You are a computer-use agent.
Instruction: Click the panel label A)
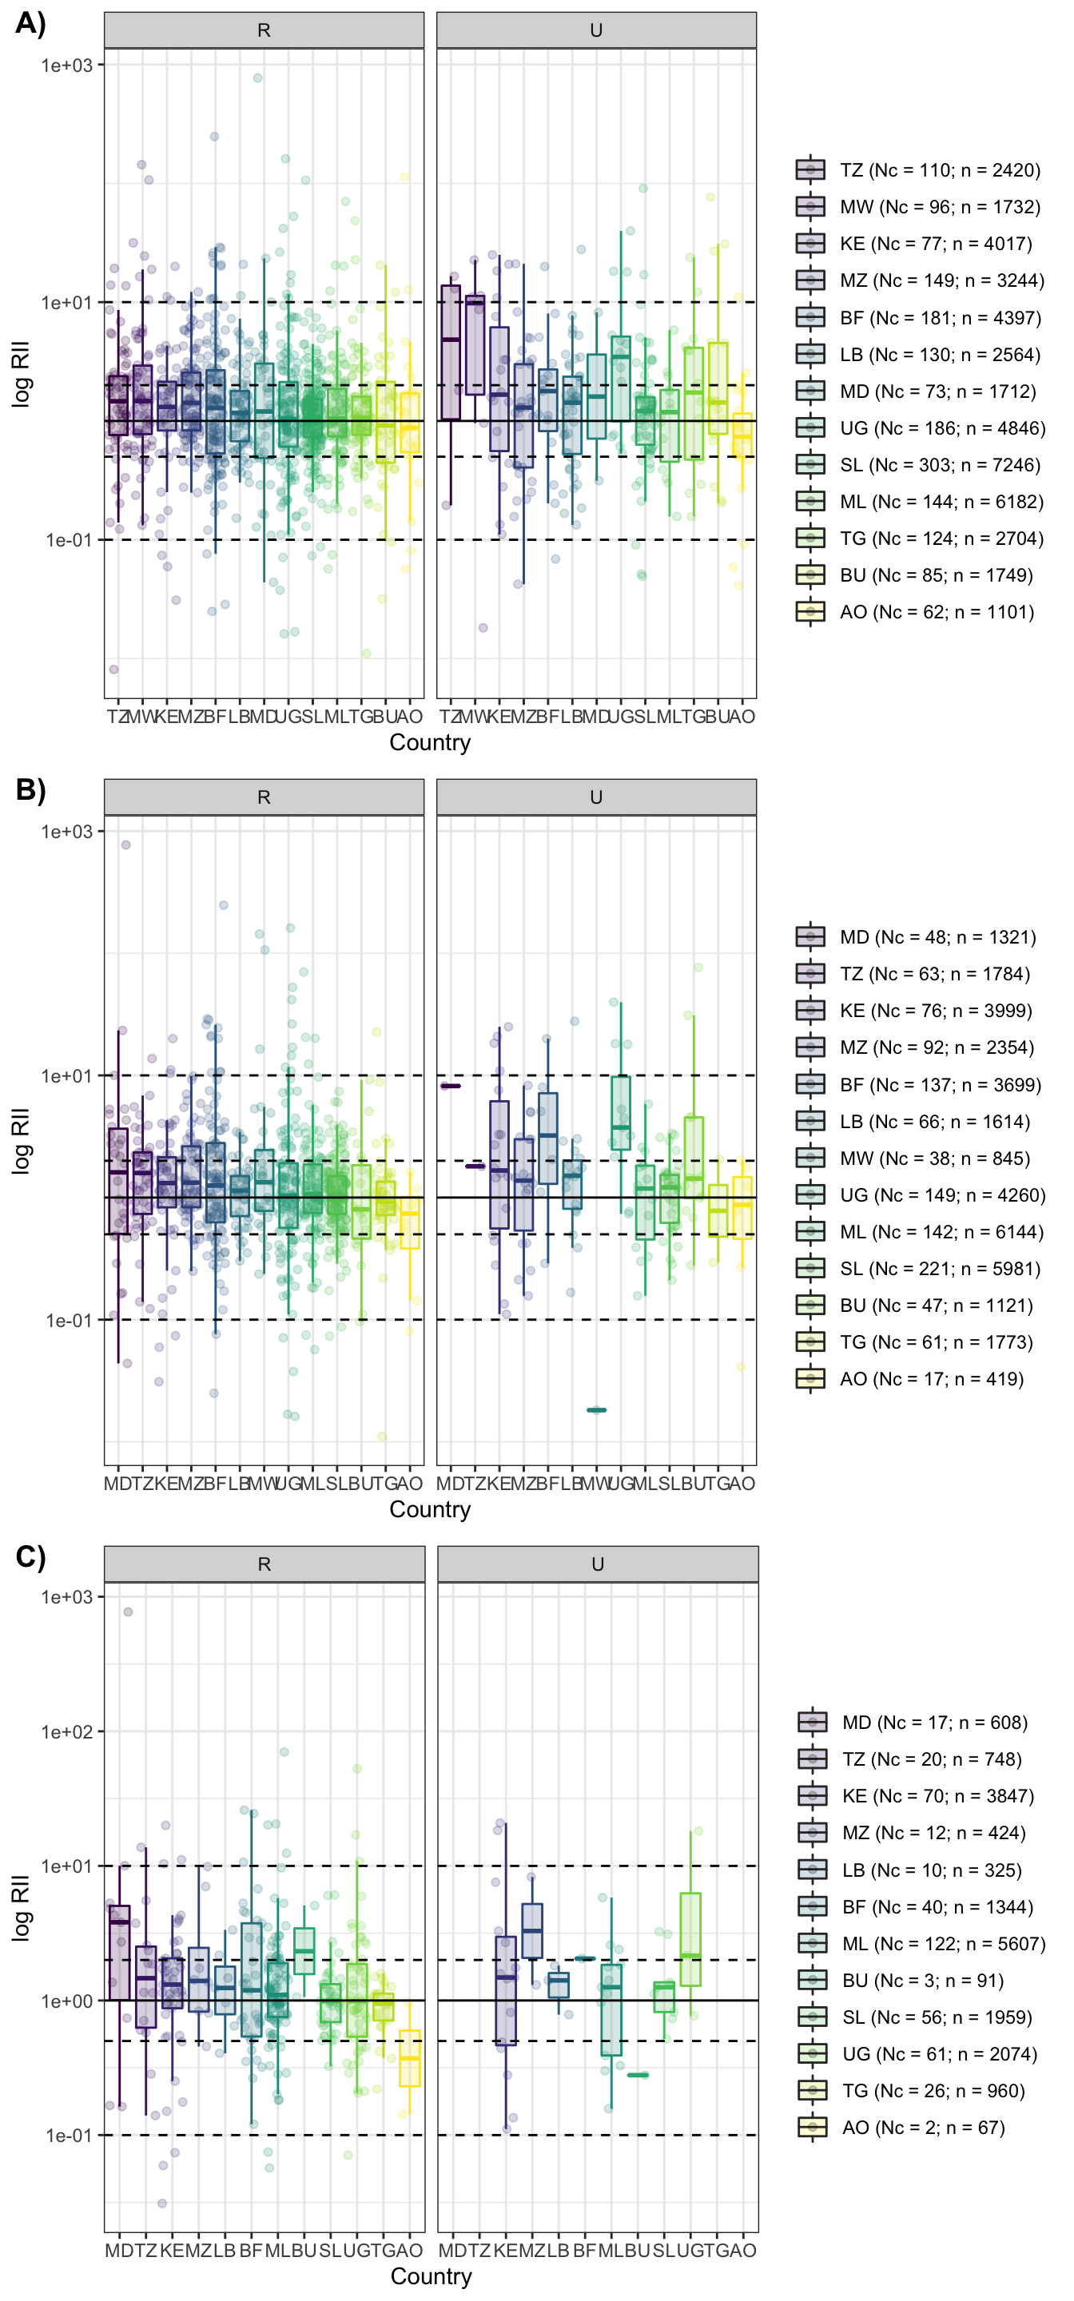pos(30,23)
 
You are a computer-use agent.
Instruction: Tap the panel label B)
pos(30,789)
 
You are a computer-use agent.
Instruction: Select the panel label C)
pos(30,1556)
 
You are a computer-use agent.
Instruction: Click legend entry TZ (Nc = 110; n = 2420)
pos(939,169)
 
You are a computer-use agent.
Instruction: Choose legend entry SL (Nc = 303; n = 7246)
pos(939,464)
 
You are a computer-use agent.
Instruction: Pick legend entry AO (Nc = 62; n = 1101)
pos(936,612)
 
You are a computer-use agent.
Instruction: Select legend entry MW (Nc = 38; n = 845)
pos(933,1158)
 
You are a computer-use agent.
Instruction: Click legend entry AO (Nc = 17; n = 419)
pos(931,1379)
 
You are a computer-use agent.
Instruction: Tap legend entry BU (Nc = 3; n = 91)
pos(922,1981)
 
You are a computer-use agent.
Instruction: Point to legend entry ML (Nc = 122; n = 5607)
pos(943,1944)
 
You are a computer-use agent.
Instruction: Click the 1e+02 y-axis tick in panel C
pos(67,1732)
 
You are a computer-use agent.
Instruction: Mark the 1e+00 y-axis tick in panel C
pos(67,2001)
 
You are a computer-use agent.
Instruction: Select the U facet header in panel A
pos(596,30)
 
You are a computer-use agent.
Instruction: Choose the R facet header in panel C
pos(264,1564)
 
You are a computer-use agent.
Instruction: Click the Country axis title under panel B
pos(430,1509)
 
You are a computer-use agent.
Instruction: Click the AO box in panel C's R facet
pos(409,2058)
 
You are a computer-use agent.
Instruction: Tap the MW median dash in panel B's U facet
pos(596,1410)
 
